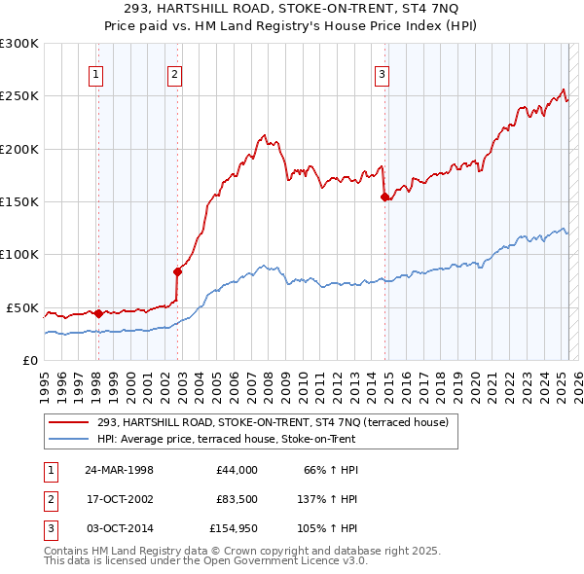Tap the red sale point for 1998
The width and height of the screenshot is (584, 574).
(98, 313)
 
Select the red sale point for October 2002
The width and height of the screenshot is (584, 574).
(177, 271)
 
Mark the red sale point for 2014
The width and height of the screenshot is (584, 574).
(384, 197)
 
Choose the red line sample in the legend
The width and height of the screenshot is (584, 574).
(69, 422)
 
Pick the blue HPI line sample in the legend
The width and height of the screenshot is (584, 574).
(69, 439)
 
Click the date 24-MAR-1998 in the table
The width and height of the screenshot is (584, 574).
(119, 470)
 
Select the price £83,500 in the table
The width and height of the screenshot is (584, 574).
(237, 499)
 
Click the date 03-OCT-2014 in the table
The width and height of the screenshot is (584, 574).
(119, 528)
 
